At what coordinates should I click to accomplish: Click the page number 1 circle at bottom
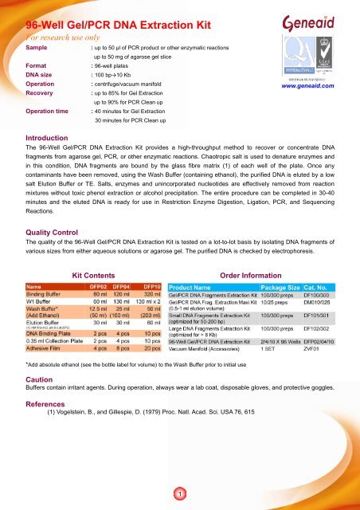(181, 495)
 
